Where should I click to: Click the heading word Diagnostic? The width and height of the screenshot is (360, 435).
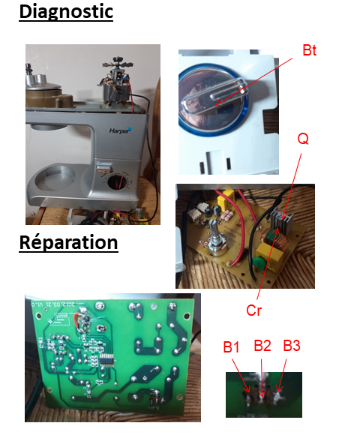pos(66,12)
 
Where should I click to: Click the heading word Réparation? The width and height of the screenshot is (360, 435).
pos(68,242)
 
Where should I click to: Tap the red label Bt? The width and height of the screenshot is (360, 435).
pos(309,50)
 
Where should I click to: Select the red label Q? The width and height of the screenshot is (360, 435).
pos(303,138)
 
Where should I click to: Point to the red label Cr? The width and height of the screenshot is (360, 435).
pos(253,310)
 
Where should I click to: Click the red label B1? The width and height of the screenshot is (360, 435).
pos(231,346)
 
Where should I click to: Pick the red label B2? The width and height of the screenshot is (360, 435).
pos(262,346)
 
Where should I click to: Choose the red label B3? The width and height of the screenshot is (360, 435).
pos(292,346)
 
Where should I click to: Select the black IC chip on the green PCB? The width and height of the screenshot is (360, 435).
pos(107,360)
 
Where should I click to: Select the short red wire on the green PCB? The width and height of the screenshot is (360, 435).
pos(76,319)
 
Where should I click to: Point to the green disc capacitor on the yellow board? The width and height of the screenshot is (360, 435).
pos(259,262)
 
